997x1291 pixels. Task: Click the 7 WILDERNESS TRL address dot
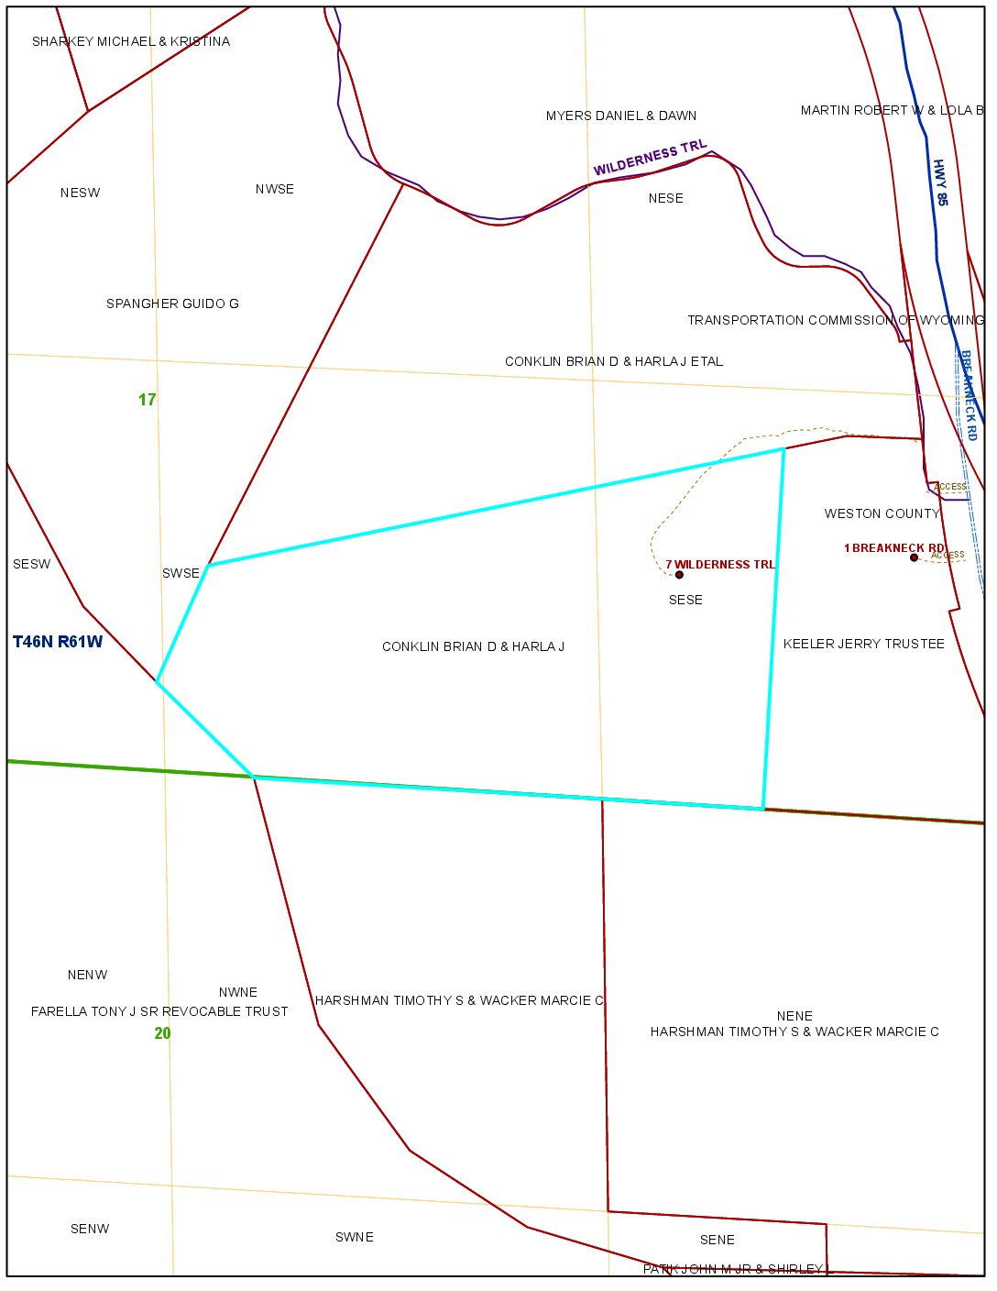pos(679,575)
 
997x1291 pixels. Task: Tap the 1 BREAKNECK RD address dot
pos(914,557)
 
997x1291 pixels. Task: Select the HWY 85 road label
pos(940,182)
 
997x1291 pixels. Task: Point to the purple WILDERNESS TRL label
pos(650,158)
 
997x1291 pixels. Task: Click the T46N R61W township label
pos(58,642)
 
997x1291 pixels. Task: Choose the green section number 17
pos(148,400)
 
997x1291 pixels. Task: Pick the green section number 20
pos(162,1033)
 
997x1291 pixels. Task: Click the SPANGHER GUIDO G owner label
pos(172,303)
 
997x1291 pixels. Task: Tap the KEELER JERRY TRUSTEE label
pos(863,644)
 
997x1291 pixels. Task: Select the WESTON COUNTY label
pos(882,513)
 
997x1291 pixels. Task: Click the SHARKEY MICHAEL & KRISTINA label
pos(131,41)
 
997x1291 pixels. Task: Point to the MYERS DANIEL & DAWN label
pos(621,116)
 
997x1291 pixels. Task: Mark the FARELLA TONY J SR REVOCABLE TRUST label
pos(159,1011)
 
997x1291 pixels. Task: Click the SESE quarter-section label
pos(685,600)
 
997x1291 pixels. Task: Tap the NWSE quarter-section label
pos(275,189)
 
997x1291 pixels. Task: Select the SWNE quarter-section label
pos(355,1237)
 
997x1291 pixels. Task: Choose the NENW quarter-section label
pos(88,975)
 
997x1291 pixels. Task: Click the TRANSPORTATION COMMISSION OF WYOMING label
pos(836,320)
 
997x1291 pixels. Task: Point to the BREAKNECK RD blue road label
pos(969,395)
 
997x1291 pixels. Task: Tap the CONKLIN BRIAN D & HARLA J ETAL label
pos(614,361)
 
